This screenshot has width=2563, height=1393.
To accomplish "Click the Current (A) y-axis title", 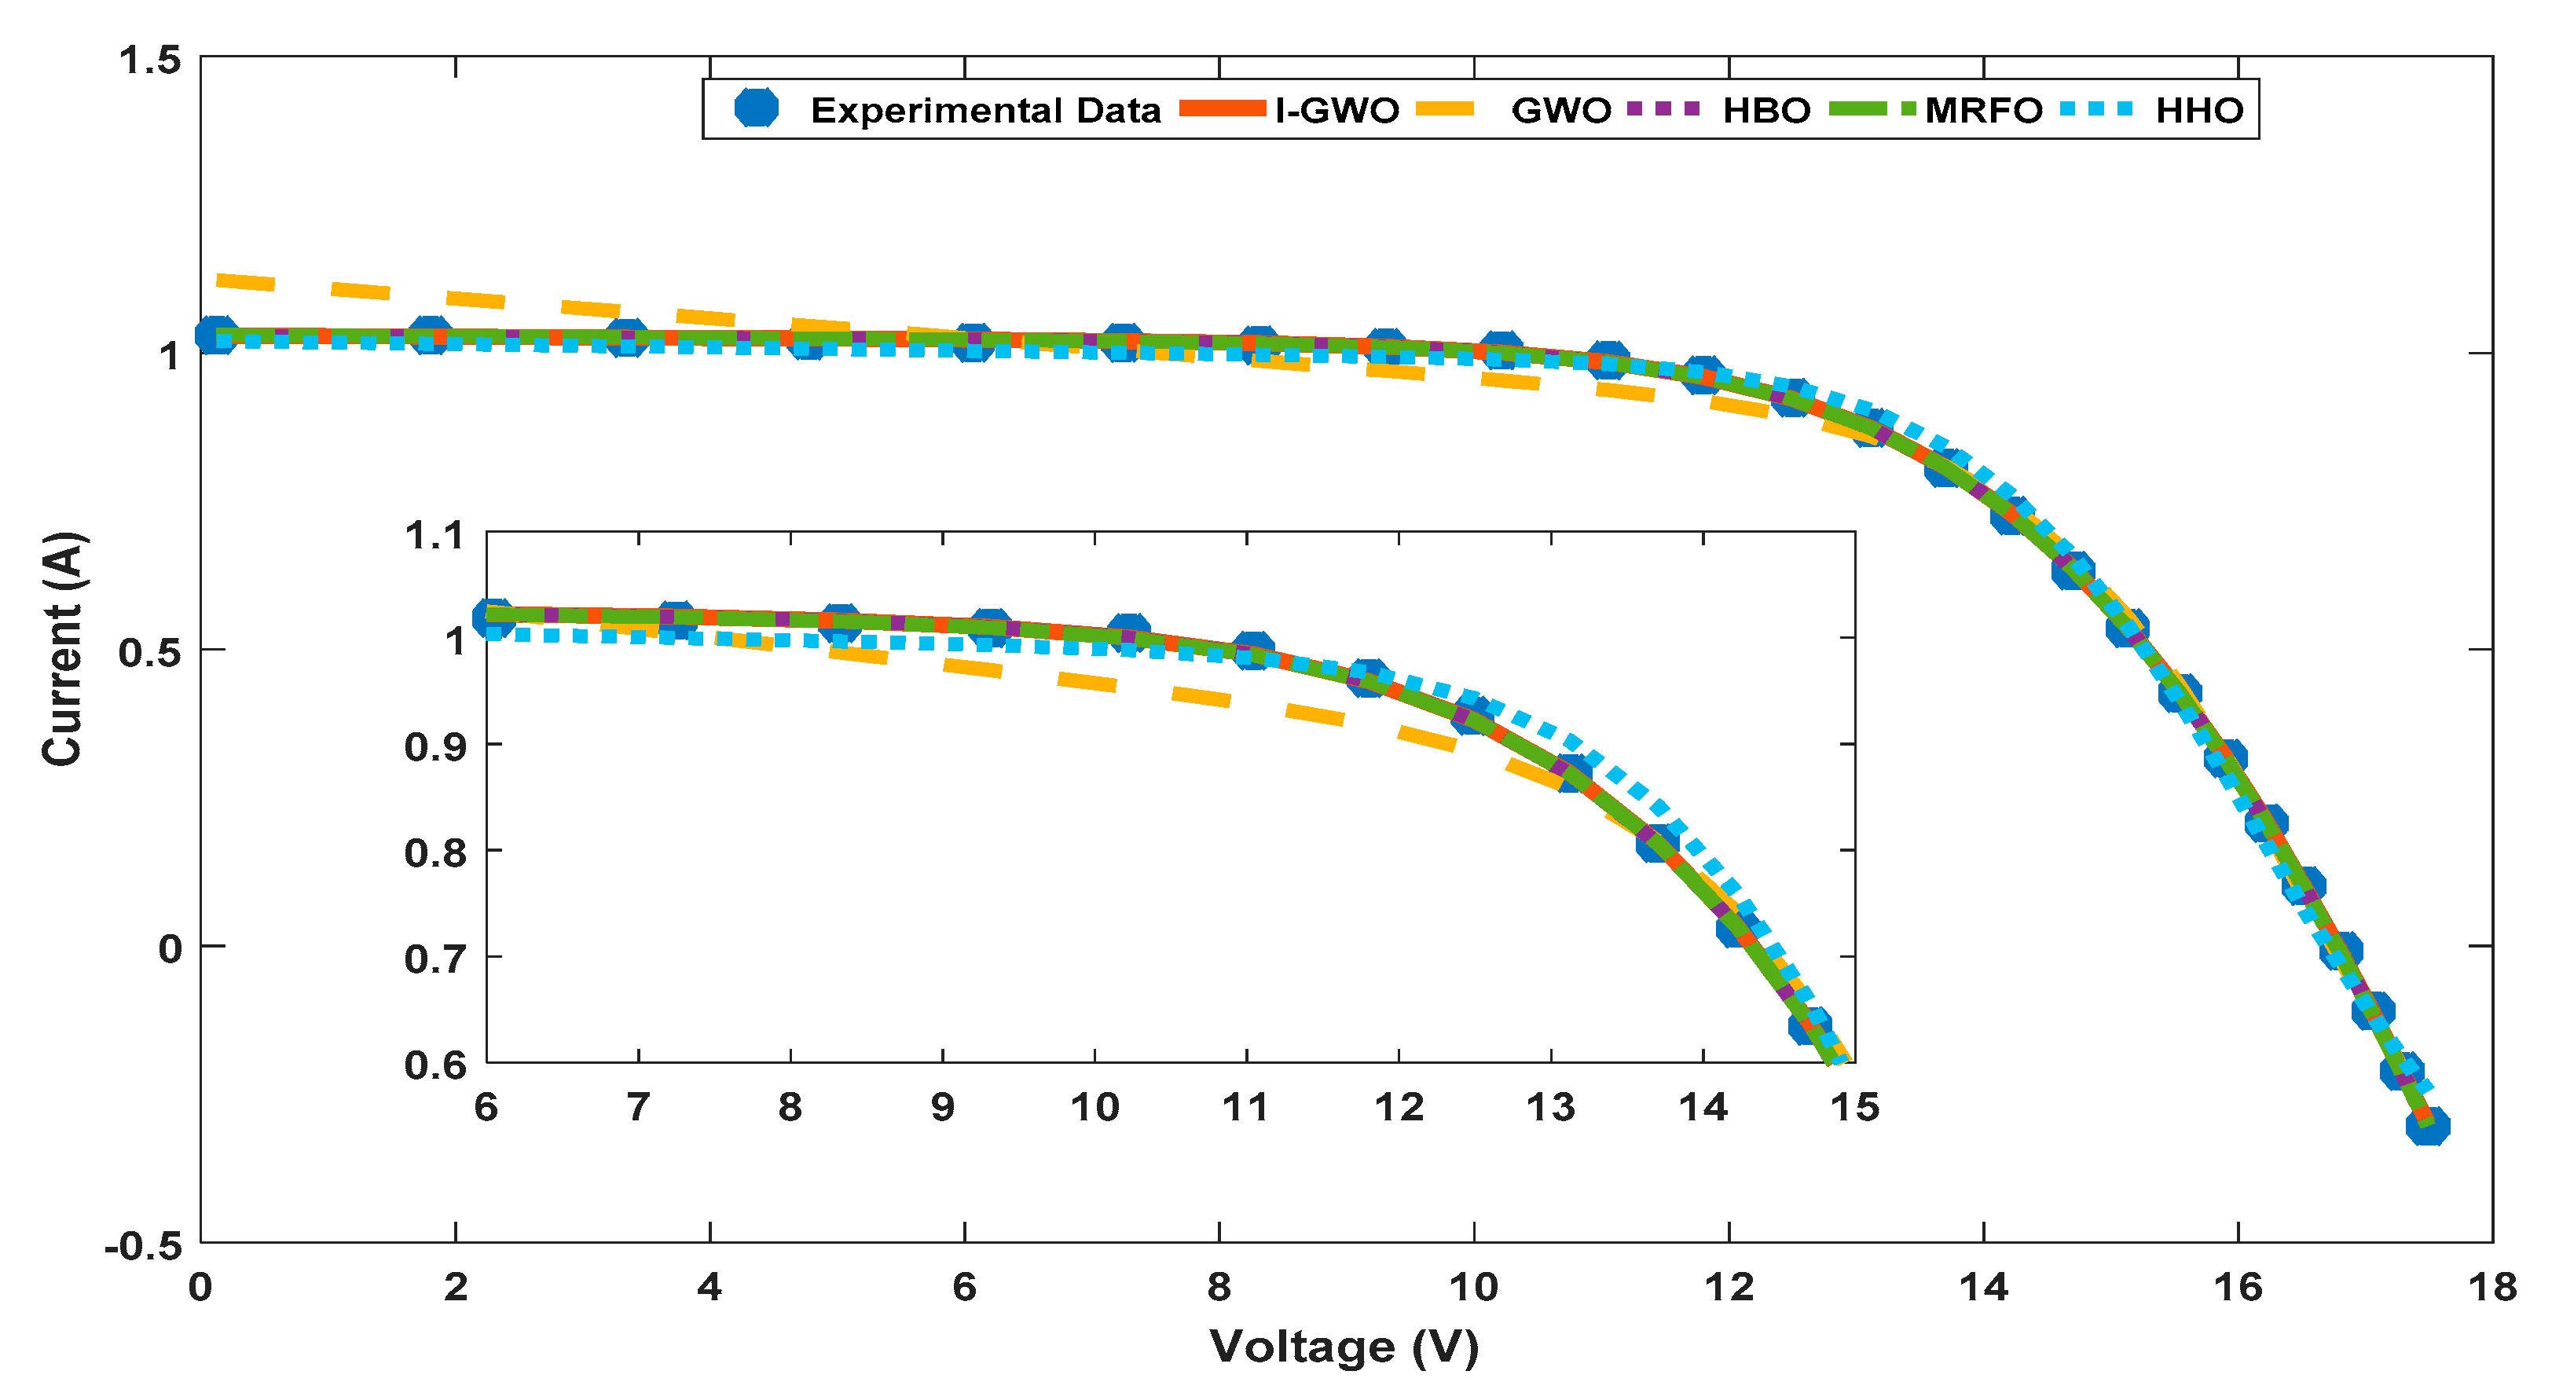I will (63, 649).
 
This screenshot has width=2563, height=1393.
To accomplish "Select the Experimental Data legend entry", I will (985, 109).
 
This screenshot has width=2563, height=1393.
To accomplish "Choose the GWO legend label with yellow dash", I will (1560, 109).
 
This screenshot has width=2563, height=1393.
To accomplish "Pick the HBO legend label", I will (1766, 109).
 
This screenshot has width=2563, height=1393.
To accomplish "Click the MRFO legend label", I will (1983, 109).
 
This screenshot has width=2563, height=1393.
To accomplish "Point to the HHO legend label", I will (2199, 109).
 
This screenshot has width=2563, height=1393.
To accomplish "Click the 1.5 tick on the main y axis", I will (150, 60).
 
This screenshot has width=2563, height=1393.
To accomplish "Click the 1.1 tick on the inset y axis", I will (434, 537).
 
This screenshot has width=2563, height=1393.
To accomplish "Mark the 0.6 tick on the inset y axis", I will (434, 1065).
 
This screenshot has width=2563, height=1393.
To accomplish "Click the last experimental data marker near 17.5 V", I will (2427, 1127).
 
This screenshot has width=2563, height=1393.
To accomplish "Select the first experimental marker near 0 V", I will (215, 335).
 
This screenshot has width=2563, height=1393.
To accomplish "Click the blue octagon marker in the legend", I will (756, 108).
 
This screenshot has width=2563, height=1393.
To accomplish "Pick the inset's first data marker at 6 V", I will (493, 617).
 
